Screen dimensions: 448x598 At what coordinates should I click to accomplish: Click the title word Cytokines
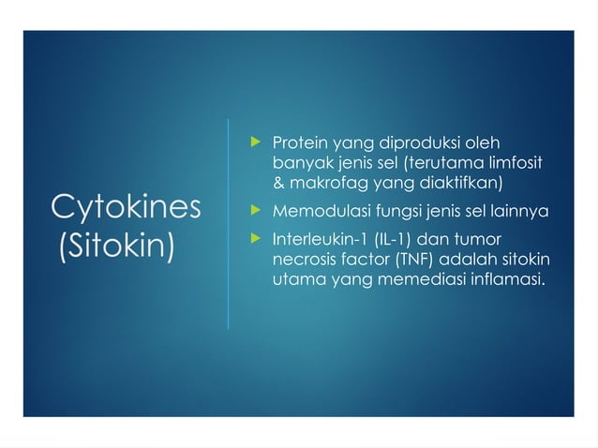tap(125, 207)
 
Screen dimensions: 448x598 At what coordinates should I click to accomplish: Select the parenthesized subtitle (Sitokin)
tap(117, 247)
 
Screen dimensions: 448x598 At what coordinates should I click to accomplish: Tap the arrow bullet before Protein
tap(251, 144)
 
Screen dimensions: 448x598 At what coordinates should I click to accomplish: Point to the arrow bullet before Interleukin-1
tap(251, 238)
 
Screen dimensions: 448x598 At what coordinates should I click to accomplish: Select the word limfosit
tap(514, 163)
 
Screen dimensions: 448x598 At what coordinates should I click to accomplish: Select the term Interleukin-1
tap(316, 238)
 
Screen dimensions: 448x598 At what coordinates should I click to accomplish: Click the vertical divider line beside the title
tap(229, 225)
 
